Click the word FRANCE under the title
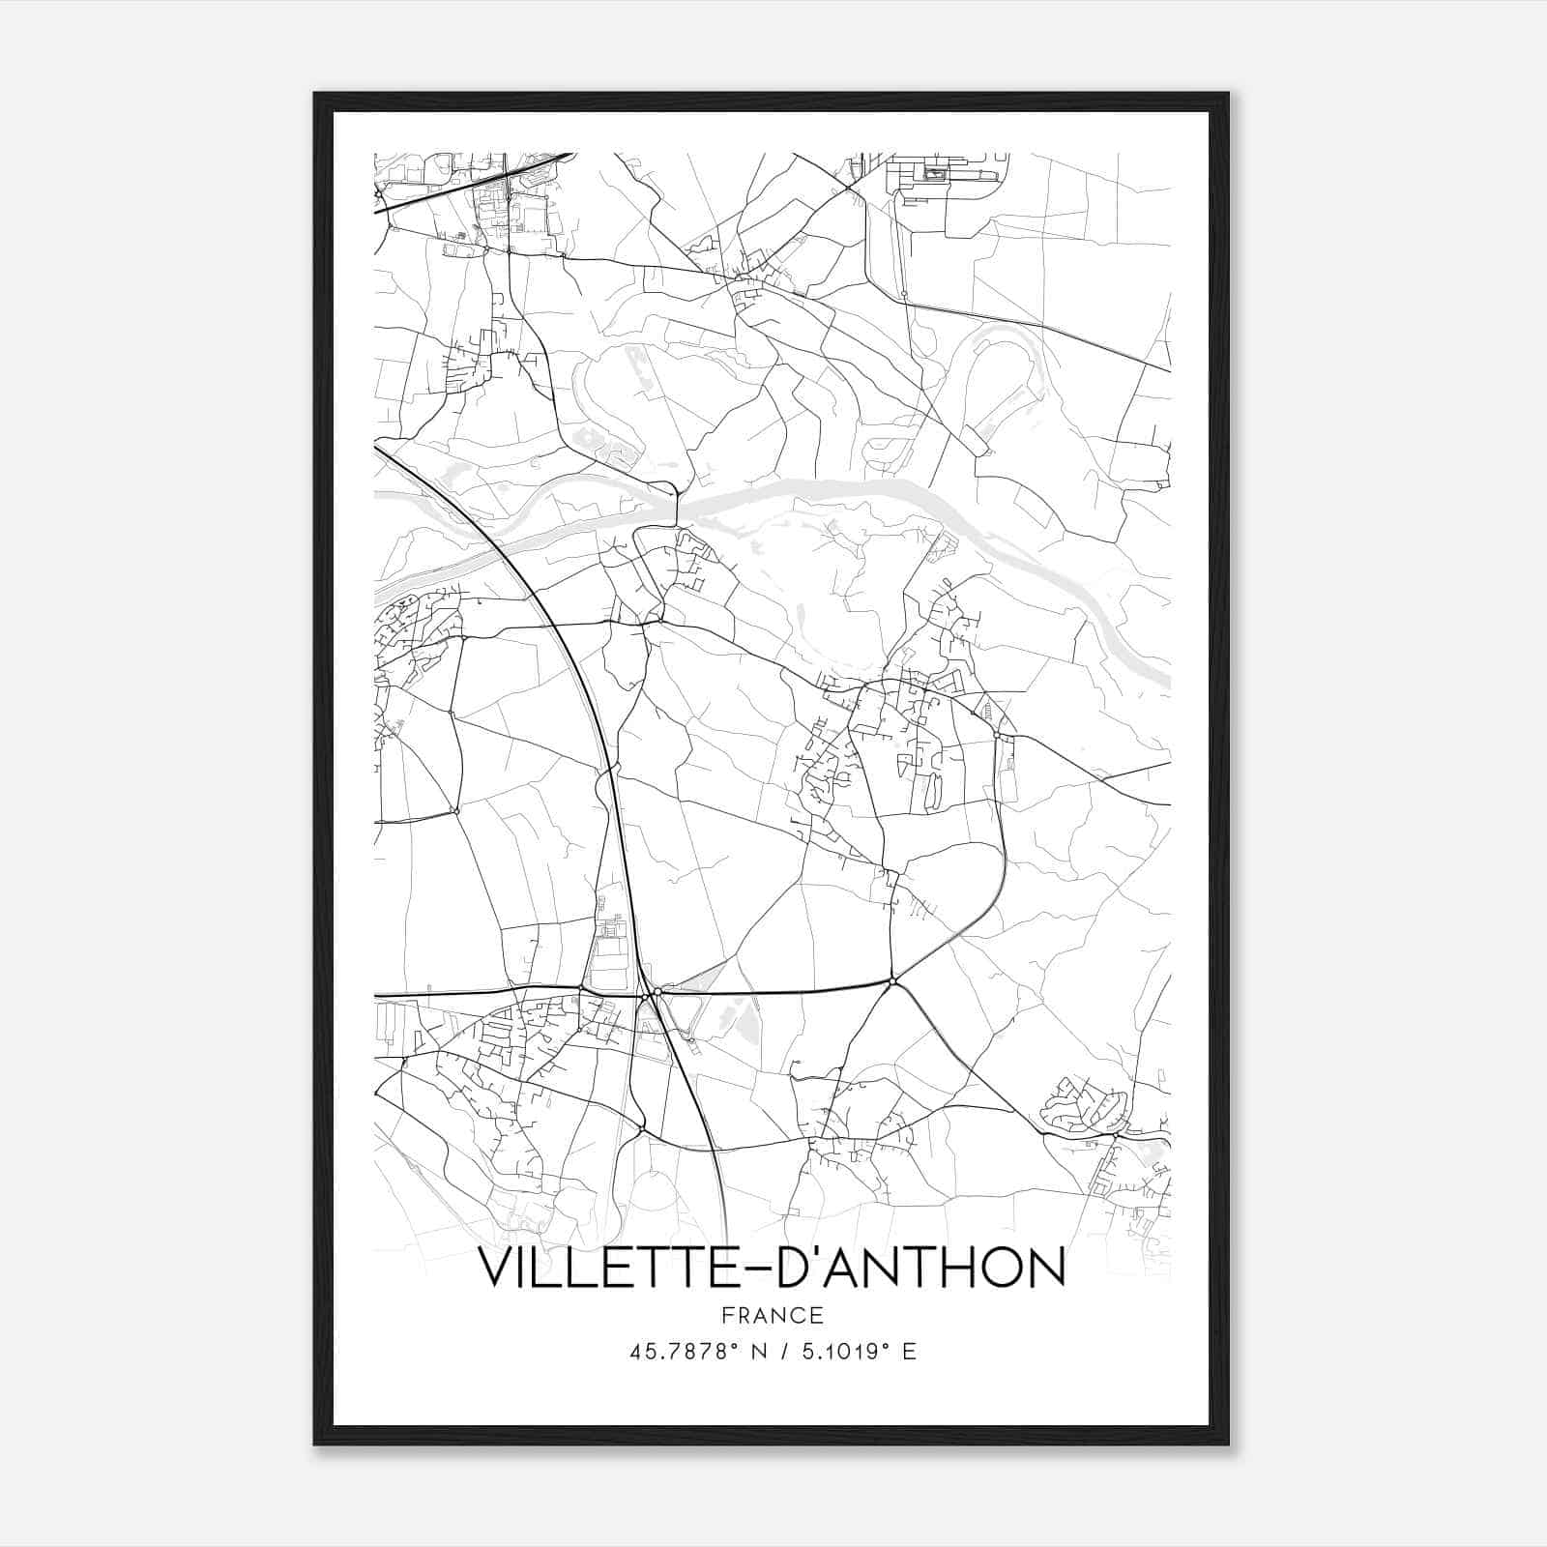pos(773,1315)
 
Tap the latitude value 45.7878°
pos(686,1352)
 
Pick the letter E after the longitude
pos(910,1352)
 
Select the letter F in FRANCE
pos(728,1315)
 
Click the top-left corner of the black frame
pos(315,94)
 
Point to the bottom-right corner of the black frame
pos(1228,1445)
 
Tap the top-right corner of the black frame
pos(1228,94)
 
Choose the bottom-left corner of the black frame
pos(315,1445)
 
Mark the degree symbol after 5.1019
pos(884,1346)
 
